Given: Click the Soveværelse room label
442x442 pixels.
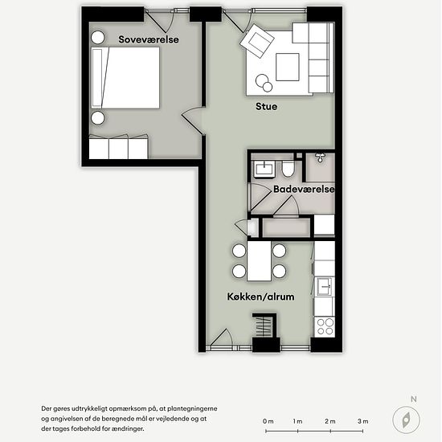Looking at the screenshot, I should click(148, 39).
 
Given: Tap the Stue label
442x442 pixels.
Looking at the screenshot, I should click(266, 106).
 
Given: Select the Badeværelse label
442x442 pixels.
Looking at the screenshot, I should click(303, 190).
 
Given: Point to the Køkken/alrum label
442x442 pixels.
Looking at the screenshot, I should click(260, 297).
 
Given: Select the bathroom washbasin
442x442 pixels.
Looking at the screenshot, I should click(264, 169).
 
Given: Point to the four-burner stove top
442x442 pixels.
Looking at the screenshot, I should click(325, 326).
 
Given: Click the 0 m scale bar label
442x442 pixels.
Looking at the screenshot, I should click(268, 422).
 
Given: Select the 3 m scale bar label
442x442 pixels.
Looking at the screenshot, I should click(362, 422).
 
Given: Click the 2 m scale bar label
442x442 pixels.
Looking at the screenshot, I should click(330, 422).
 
